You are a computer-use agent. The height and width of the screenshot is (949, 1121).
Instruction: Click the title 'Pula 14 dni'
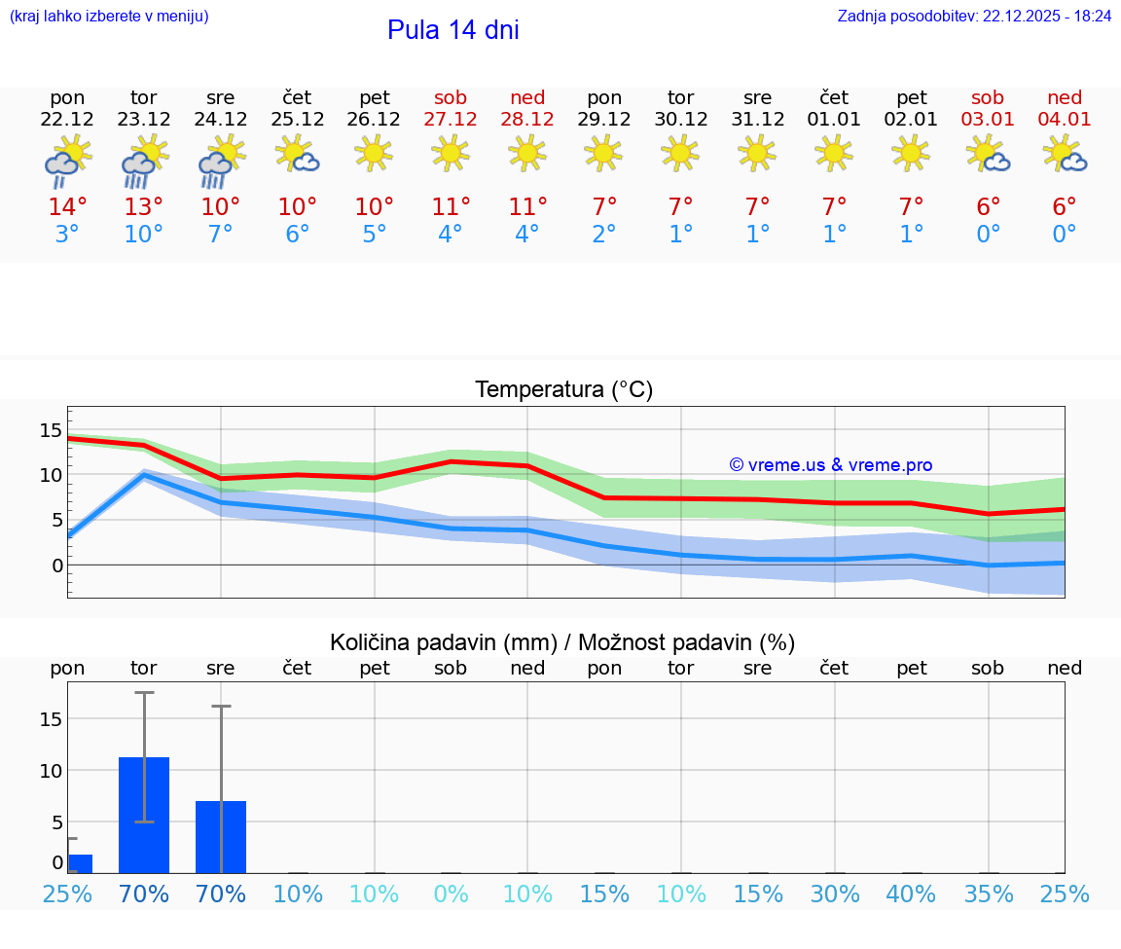point(452,30)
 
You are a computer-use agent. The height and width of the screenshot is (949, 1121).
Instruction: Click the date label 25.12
point(297,119)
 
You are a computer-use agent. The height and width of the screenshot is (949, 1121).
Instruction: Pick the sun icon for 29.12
point(604,152)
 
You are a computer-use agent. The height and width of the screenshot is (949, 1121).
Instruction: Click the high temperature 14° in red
point(67,206)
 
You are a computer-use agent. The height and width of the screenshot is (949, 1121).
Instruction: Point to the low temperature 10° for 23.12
point(144,234)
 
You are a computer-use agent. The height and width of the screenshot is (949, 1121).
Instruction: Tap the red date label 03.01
point(988,119)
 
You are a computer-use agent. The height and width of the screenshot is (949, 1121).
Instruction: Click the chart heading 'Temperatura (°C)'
point(563,389)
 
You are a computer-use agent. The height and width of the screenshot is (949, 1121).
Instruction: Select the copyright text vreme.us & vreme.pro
point(831,465)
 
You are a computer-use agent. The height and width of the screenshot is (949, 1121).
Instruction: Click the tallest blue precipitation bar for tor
point(144,815)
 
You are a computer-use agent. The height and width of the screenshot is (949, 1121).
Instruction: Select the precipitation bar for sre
point(221,836)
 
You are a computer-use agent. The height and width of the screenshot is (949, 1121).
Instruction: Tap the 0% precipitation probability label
point(452,894)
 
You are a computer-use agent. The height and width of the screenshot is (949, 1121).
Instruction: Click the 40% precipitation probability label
point(912,894)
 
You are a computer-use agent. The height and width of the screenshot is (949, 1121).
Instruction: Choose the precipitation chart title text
point(562,642)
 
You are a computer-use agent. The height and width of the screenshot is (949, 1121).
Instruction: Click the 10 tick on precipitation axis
point(51,770)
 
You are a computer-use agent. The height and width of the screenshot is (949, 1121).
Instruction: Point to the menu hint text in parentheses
point(109,17)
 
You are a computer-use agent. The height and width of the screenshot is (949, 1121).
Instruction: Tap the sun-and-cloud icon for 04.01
point(1064,154)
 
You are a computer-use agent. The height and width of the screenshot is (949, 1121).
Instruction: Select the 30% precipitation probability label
point(835,894)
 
